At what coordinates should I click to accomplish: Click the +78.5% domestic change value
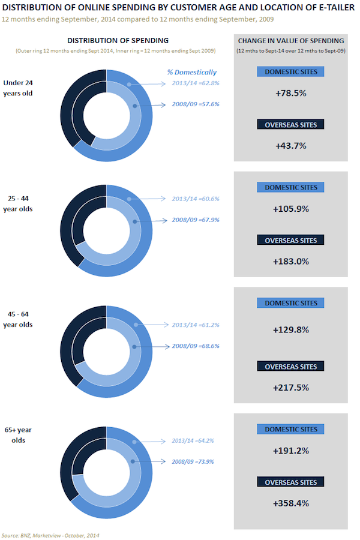(291, 94)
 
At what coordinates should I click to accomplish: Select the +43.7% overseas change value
(291, 146)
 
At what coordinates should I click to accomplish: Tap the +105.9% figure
(291, 209)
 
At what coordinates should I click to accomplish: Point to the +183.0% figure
(291, 262)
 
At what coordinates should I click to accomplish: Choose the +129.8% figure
(291, 330)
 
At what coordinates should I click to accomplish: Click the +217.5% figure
(291, 388)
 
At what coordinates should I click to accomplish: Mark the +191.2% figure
(291, 451)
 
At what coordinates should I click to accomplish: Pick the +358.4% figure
(291, 503)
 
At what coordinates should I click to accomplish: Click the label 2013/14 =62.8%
(196, 83)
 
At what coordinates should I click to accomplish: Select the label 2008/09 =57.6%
(196, 104)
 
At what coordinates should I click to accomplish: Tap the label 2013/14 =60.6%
(196, 199)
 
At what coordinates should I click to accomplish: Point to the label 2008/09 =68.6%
(196, 346)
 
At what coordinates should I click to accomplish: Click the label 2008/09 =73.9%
(193, 462)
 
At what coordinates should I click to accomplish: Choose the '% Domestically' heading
(192, 73)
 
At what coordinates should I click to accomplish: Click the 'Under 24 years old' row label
(18, 88)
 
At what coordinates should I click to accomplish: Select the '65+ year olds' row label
(18, 435)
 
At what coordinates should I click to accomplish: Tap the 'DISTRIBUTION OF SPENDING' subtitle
(118, 41)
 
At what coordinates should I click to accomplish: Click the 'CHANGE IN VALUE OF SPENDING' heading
(291, 41)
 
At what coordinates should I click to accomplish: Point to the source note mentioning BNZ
(50, 536)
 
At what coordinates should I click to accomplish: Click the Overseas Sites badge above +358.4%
(290, 482)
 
